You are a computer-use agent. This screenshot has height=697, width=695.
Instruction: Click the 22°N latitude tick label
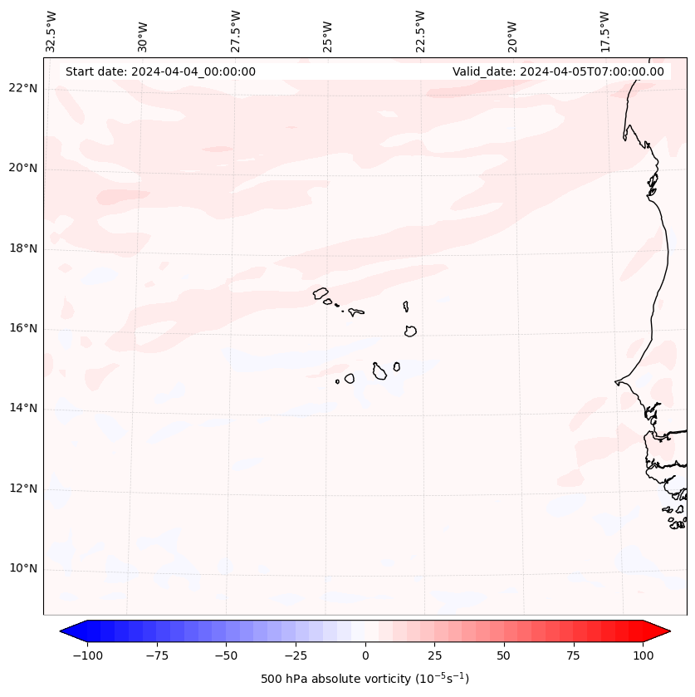[x=22, y=89]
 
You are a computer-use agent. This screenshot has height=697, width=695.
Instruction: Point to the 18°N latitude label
[x=22, y=248]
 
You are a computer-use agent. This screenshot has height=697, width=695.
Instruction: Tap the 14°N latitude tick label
[x=22, y=408]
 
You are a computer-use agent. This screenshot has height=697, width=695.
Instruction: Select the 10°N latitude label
[x=22, y=568]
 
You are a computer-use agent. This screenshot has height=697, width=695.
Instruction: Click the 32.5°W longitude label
[x=51, y=32]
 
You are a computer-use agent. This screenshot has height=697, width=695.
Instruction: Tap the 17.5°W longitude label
[x=604, y=32]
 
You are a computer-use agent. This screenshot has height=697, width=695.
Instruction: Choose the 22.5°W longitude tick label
[x=420, y=32]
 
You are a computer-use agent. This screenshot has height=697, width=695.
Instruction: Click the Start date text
[x=160, y=71]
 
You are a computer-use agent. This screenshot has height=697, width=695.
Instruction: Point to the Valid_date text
[x=558, y=71]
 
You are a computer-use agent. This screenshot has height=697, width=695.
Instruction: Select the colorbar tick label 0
[x=365, y=655]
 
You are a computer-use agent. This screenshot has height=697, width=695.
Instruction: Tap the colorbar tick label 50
[x=504, y=655]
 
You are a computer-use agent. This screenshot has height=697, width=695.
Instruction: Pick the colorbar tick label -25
[x=296, y=655]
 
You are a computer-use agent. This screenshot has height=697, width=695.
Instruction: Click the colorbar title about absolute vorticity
[x=365, y=679]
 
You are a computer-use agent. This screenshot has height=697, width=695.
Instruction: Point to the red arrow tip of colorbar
[x=664, y=632]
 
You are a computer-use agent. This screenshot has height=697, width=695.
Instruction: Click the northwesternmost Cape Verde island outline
[x=321, y=292]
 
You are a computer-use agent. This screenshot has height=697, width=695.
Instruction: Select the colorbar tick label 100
[x=643, y=655]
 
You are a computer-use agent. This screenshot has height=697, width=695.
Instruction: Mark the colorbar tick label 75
[x=574, y=655]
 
